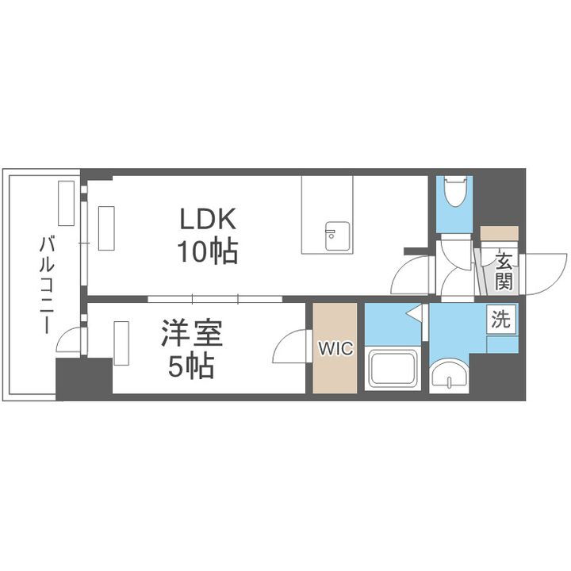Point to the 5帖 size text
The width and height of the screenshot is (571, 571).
tap(189, 366)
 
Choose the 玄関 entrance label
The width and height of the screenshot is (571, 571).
tap(503, 270)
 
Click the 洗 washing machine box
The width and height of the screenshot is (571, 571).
tap(502, 320)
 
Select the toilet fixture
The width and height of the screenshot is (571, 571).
tap(455, 193)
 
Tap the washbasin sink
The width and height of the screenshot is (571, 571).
tap(450, 377)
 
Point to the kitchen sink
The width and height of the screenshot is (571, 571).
tap(331, 235)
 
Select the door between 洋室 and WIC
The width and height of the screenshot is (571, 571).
tap(292, 346)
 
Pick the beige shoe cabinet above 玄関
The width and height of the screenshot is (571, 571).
tap(499, 235)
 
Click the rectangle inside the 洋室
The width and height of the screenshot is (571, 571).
tap(121, 343)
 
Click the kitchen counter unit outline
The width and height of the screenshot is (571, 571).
tap(327, 214)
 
